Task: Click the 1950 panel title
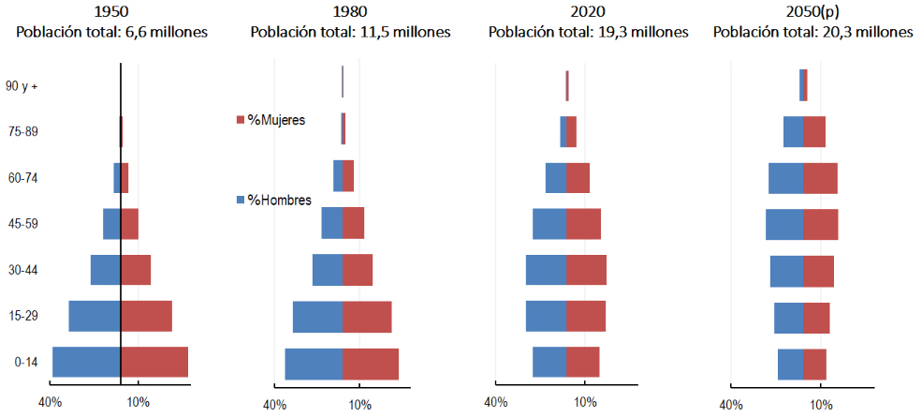tap(111, 12)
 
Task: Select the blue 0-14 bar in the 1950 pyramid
tap(86, 362)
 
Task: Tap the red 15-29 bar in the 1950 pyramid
tap(146, 316)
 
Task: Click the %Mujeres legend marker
tap(241, 120)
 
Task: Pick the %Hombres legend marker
tap(241, 200)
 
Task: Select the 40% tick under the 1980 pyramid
tap(274, 405)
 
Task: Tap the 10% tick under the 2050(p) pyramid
tap(821, 405)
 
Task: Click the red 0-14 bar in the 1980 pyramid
tap(370, 364)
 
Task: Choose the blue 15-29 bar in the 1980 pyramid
tap(317, 317)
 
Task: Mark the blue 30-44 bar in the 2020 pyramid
tap(546, 270)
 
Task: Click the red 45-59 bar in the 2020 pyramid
tap(583, 224)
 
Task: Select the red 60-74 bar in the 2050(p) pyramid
tap(820, 178)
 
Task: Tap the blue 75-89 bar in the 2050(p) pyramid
tap(793, 131)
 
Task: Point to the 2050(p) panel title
tap(812, 12)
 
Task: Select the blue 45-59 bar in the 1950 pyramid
tap(111, 224)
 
